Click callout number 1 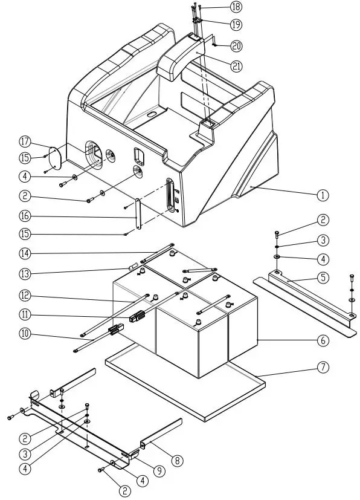point(323,195)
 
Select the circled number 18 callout point(236,7)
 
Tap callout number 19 point(236,25)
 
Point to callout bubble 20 point(236,46)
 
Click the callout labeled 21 point(236,66)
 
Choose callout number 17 point(25,141)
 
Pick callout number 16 point(25,216)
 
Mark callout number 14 point(25,254)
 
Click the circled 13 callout point(25,274)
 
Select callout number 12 point(25,296)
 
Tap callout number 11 point(25,315)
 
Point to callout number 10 point(25,334)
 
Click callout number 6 point(323,340)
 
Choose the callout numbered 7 point(323,367)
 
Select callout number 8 point(178,460)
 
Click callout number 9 point(159,470)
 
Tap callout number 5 point(323,278)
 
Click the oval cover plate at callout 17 point(54,158)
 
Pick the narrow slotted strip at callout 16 point(138,213)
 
